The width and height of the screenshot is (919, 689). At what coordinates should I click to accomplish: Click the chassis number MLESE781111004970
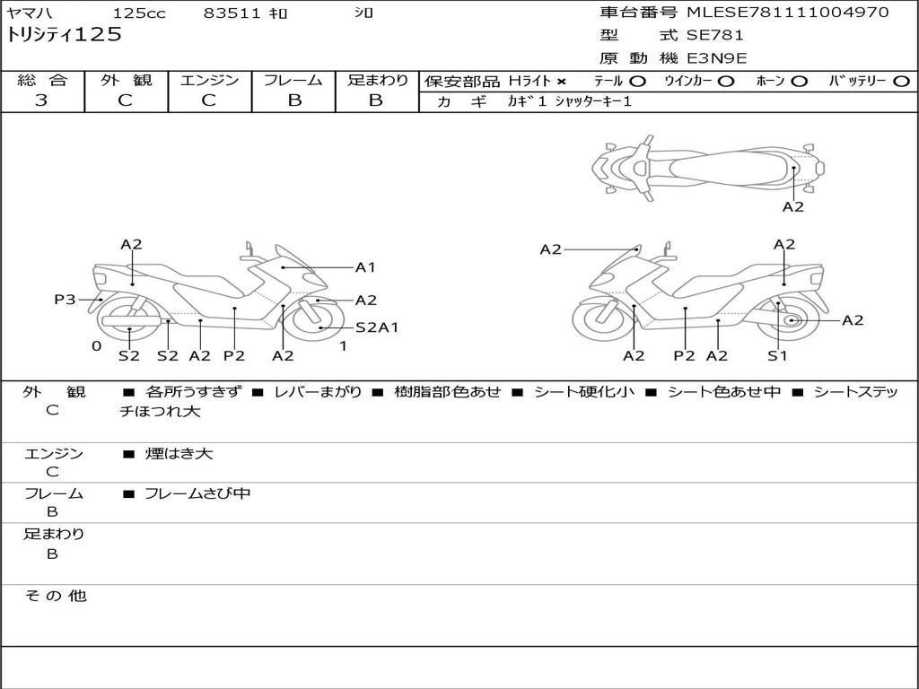[x=787, y=13]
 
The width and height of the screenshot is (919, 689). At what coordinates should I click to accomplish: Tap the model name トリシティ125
[x=64, y=35]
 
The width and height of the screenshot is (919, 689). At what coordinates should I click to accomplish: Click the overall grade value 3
[x=41, y=100]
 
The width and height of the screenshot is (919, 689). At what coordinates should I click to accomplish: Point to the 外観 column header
[x=126, y=80]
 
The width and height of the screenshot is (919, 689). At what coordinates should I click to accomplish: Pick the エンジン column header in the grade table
[x=209, y=80]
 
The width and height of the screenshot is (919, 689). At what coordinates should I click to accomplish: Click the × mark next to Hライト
[x=562, y=82]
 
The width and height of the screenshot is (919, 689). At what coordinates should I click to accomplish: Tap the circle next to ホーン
[x=799, y=82]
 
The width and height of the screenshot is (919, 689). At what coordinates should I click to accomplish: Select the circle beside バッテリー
[x=901, y=82]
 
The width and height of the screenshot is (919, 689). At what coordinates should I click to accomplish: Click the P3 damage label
[x=65, y=300]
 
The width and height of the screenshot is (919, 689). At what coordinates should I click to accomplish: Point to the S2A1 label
[x=377, y=327]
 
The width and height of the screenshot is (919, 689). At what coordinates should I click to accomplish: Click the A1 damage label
[x=365, y=267]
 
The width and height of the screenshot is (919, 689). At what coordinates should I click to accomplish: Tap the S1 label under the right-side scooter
[x=777, y=355]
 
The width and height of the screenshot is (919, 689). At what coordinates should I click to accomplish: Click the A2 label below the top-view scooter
[x=793, y=207]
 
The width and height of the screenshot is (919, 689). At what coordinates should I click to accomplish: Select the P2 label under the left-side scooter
[x=234, y=355]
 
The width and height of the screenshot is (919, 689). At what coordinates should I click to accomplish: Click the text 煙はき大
[x=179, y=453]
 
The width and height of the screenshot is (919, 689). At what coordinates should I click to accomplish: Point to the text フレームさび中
[x=197, y=493]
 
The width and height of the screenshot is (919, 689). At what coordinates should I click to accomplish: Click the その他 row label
[x=56, y=596]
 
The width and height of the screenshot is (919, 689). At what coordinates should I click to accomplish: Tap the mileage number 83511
[x=232, y=13]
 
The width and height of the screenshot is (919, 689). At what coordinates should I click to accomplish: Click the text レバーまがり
[x=319, y=391]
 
